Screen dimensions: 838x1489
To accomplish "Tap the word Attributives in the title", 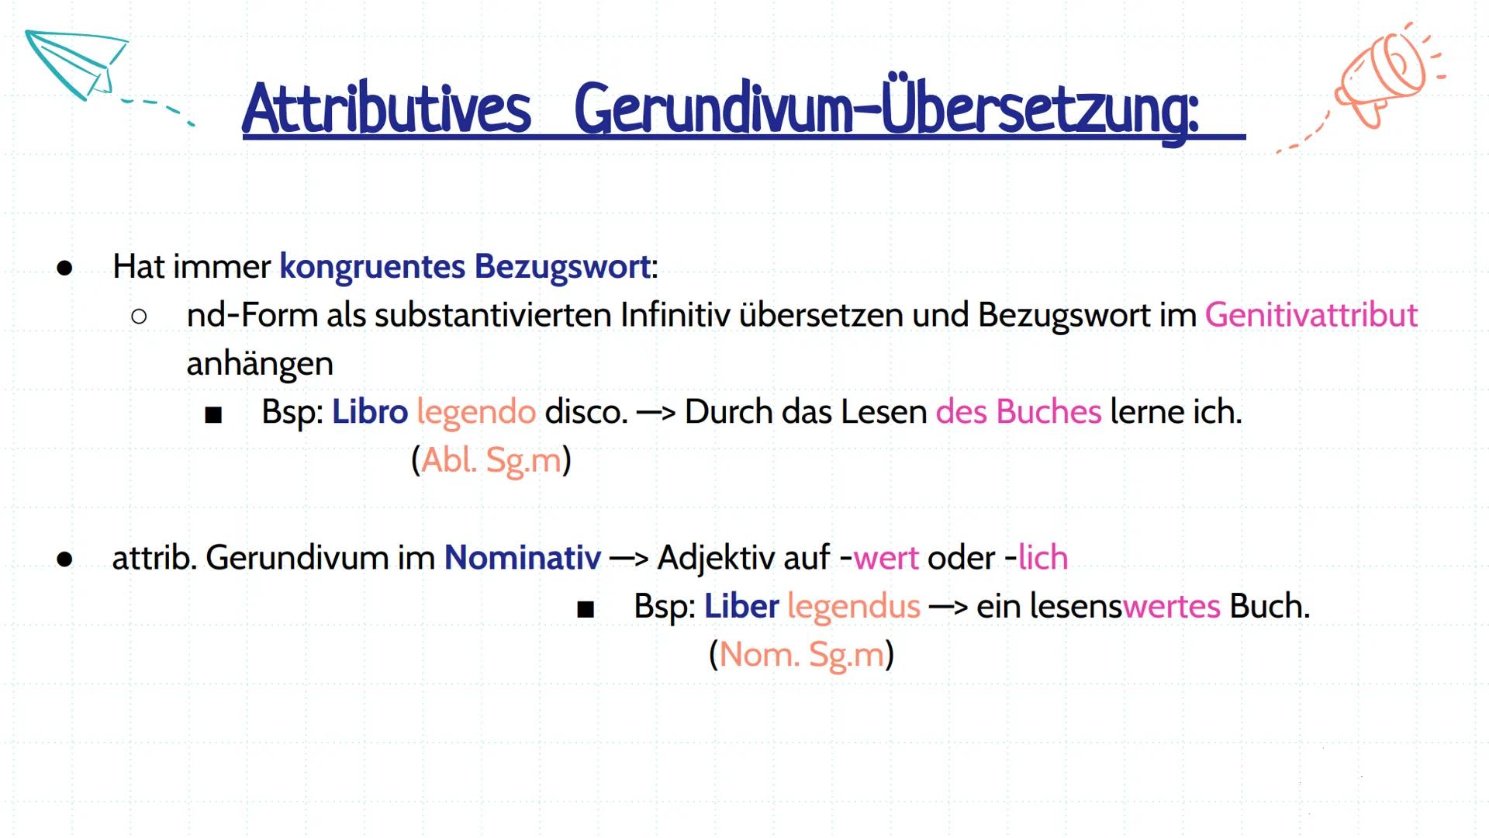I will point(386,109).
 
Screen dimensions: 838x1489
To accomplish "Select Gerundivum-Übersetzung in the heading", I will point(886,109).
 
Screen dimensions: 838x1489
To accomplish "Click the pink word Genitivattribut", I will point(1311,315).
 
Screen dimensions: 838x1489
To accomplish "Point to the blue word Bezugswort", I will point(562,266).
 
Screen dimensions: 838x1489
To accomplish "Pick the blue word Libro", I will point(369,411).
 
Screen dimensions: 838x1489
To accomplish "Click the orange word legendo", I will point(475,412).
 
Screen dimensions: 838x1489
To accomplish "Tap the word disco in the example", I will point(585,411).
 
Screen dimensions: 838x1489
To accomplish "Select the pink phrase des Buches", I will point(1017,411).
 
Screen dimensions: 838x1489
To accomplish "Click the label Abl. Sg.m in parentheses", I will point(491,460).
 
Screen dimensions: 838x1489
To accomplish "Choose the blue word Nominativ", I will point(522,557).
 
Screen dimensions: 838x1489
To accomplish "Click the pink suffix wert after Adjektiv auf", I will point(886,558).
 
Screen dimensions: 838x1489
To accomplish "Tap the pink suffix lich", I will point(1042,557).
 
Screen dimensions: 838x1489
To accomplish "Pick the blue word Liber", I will point(741,605).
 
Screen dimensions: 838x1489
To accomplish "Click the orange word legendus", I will point(853,606).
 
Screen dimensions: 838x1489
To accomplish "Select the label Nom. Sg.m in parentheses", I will point(801,654).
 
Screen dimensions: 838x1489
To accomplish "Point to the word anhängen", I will point(260,364).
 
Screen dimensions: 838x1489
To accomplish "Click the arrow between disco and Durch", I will point(655,412).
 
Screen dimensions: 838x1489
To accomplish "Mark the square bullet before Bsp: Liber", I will point(586,609).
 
